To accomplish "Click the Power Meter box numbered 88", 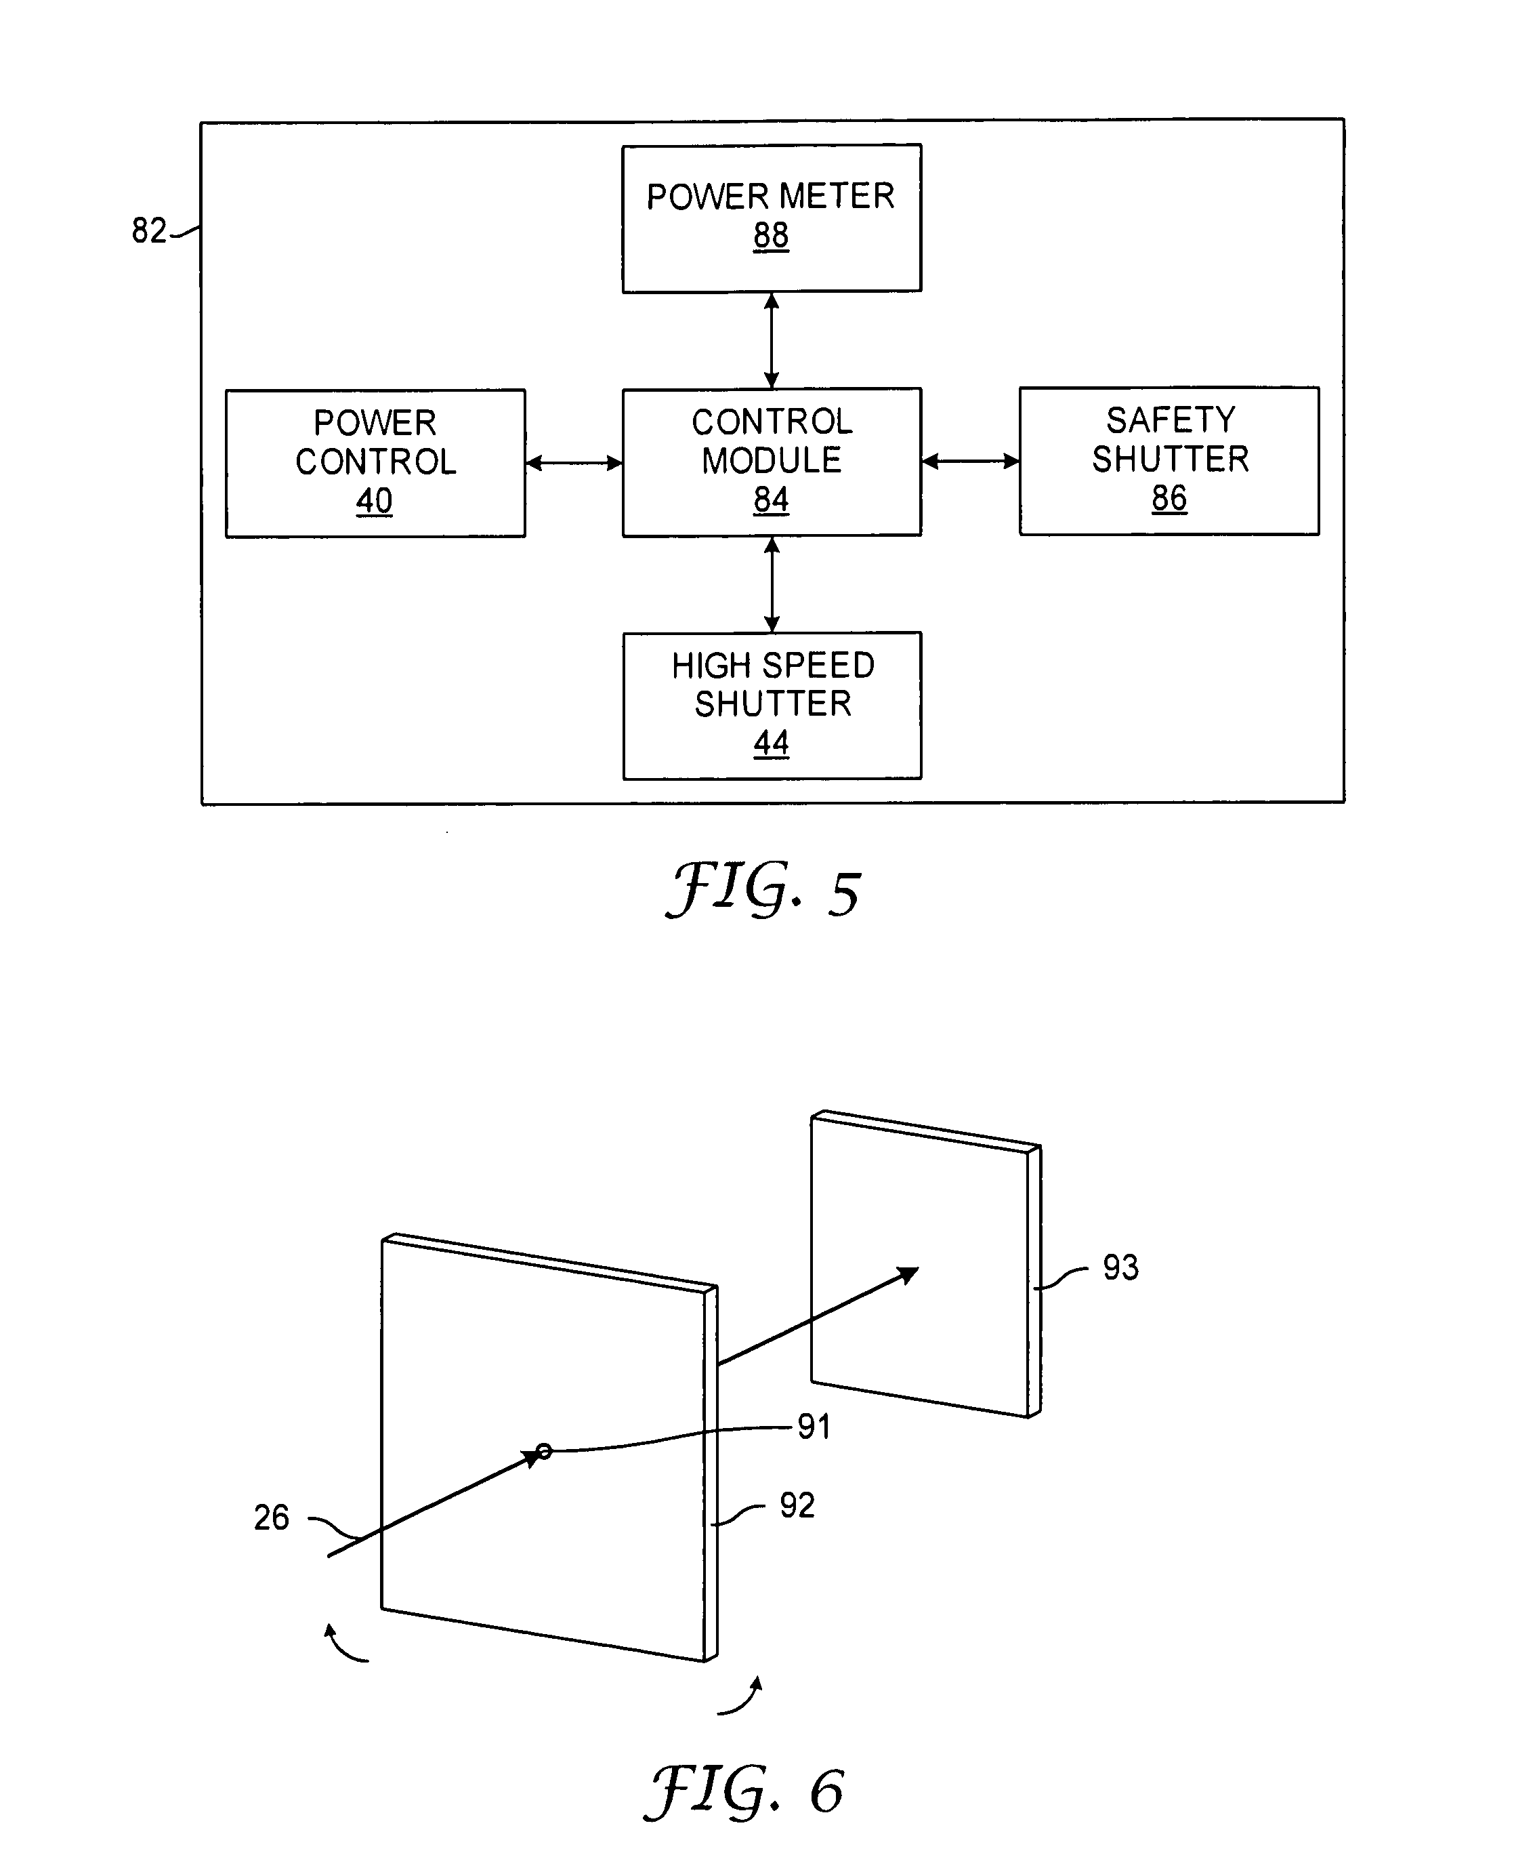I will click(x=771, y=218).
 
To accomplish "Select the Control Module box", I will click(x=771, y=462).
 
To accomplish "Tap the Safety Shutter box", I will click(x=1169, y=461).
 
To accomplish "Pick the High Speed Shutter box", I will click(x=772, y=705).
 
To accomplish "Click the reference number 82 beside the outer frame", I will click(x=148, y=230).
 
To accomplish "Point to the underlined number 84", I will click(x=771, y=500).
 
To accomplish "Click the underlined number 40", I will click(x=374, y=501).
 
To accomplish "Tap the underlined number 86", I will click(x=1169, y=498).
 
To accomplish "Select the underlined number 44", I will click(x=771, y=744).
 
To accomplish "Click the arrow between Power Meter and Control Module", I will click(x=771, y=340).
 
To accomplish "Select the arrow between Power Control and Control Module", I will click(x=574, y=462).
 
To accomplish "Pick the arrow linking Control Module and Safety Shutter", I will click(x=970, y=461).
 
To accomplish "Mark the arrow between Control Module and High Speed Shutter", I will click(x=771, y=584).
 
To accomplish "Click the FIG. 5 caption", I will click(x=763, y=890).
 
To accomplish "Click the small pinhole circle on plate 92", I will click(x=543, y=1452).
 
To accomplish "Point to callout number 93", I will click(x=1120, y=1267).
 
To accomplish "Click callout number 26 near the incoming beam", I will click(x=271, y=1518).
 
